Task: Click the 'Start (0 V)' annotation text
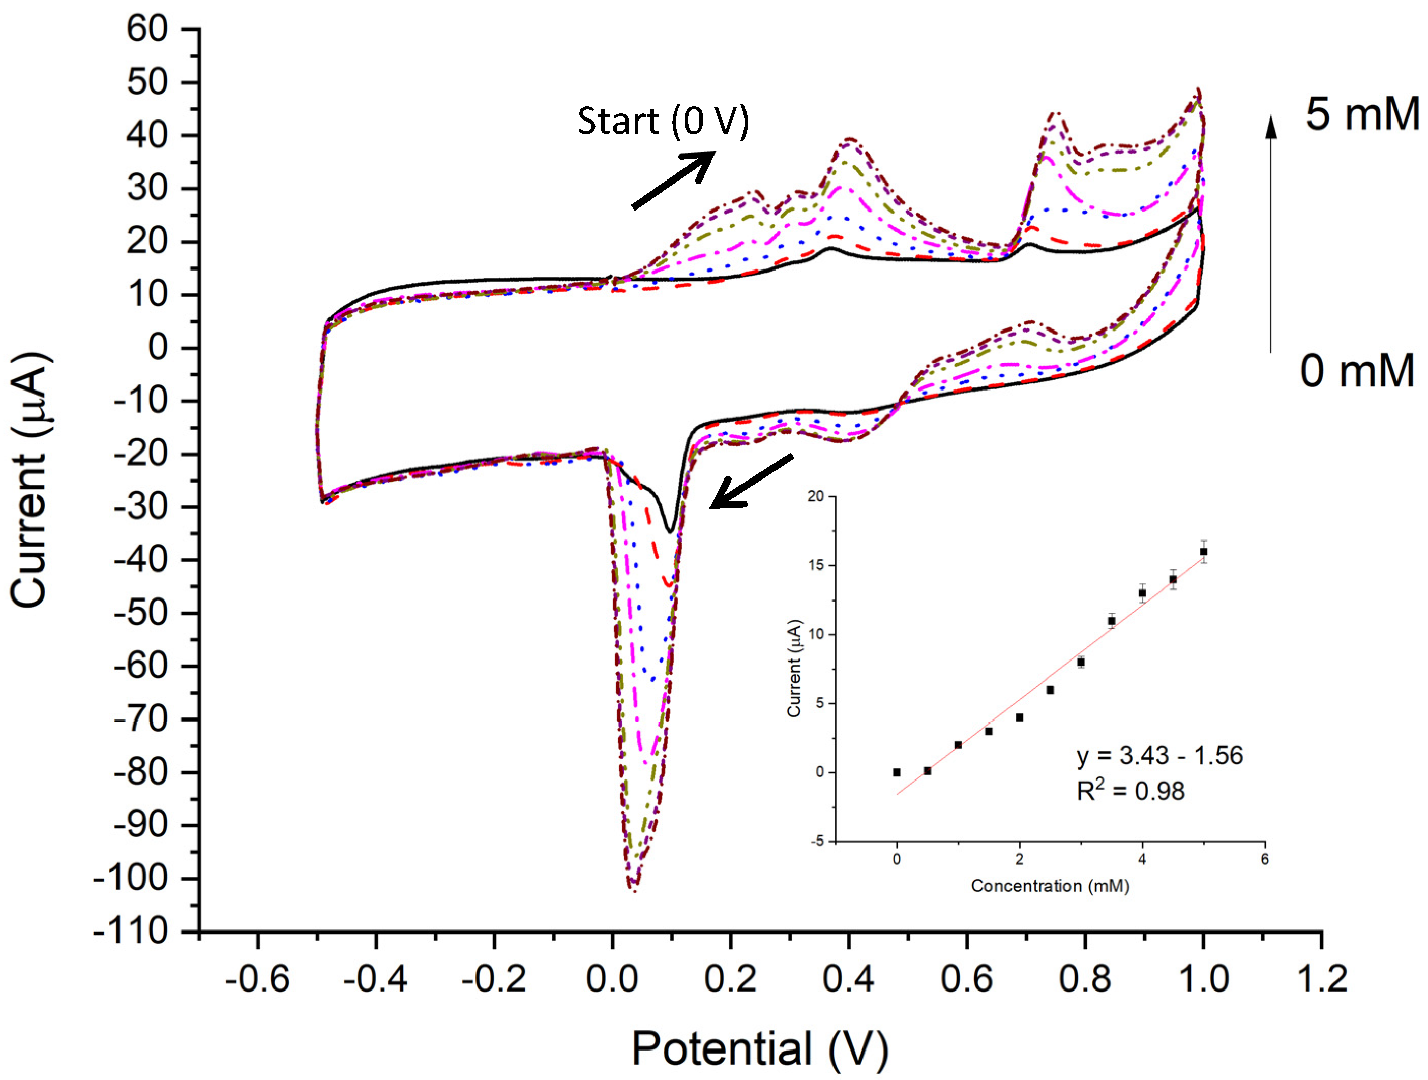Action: pos(663,122)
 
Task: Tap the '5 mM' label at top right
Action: pos(1361,114)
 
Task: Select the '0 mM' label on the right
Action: pos(1356,371)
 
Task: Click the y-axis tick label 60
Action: pos(146,29)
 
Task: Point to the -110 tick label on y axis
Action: pos(131,932)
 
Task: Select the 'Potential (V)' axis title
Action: pos(760,1049)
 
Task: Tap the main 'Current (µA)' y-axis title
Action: pos(29,479)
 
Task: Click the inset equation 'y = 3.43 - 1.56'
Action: pos(1159,755)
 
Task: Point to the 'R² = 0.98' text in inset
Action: pos(1130,791)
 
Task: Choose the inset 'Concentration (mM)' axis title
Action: pos(1050,886)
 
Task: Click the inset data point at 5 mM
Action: pos(1203,552)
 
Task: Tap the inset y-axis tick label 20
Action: pos(816,496)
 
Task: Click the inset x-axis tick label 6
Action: pos(1265,859)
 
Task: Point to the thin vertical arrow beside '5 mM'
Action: pos(1270,232)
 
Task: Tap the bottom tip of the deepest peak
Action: pos(635,889)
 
